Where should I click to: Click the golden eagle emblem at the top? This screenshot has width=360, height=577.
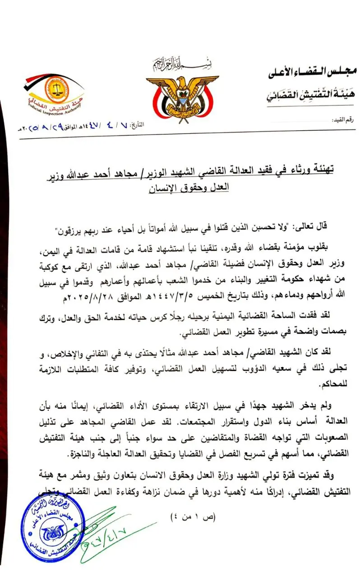coord(182,94)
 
